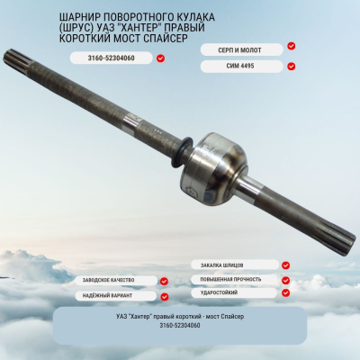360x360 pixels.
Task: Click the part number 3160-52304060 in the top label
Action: pyautogui.click(x=110, y=58)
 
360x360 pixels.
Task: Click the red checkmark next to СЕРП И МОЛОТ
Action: pyautogui.click(x=291, y=46)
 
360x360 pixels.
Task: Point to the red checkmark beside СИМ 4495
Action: pyautogui.click(x=291, y=65)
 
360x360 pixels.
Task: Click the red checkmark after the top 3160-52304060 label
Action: pyautogui.click(x=160, y=58)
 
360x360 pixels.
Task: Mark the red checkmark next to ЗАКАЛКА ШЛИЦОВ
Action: pyautogui.click(x=285, y=265)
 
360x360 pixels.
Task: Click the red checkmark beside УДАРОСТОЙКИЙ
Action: pyautogui.click(x=285, y=292)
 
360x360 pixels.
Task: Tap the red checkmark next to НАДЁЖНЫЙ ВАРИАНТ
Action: pyautogui.click(x=165, y=296)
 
